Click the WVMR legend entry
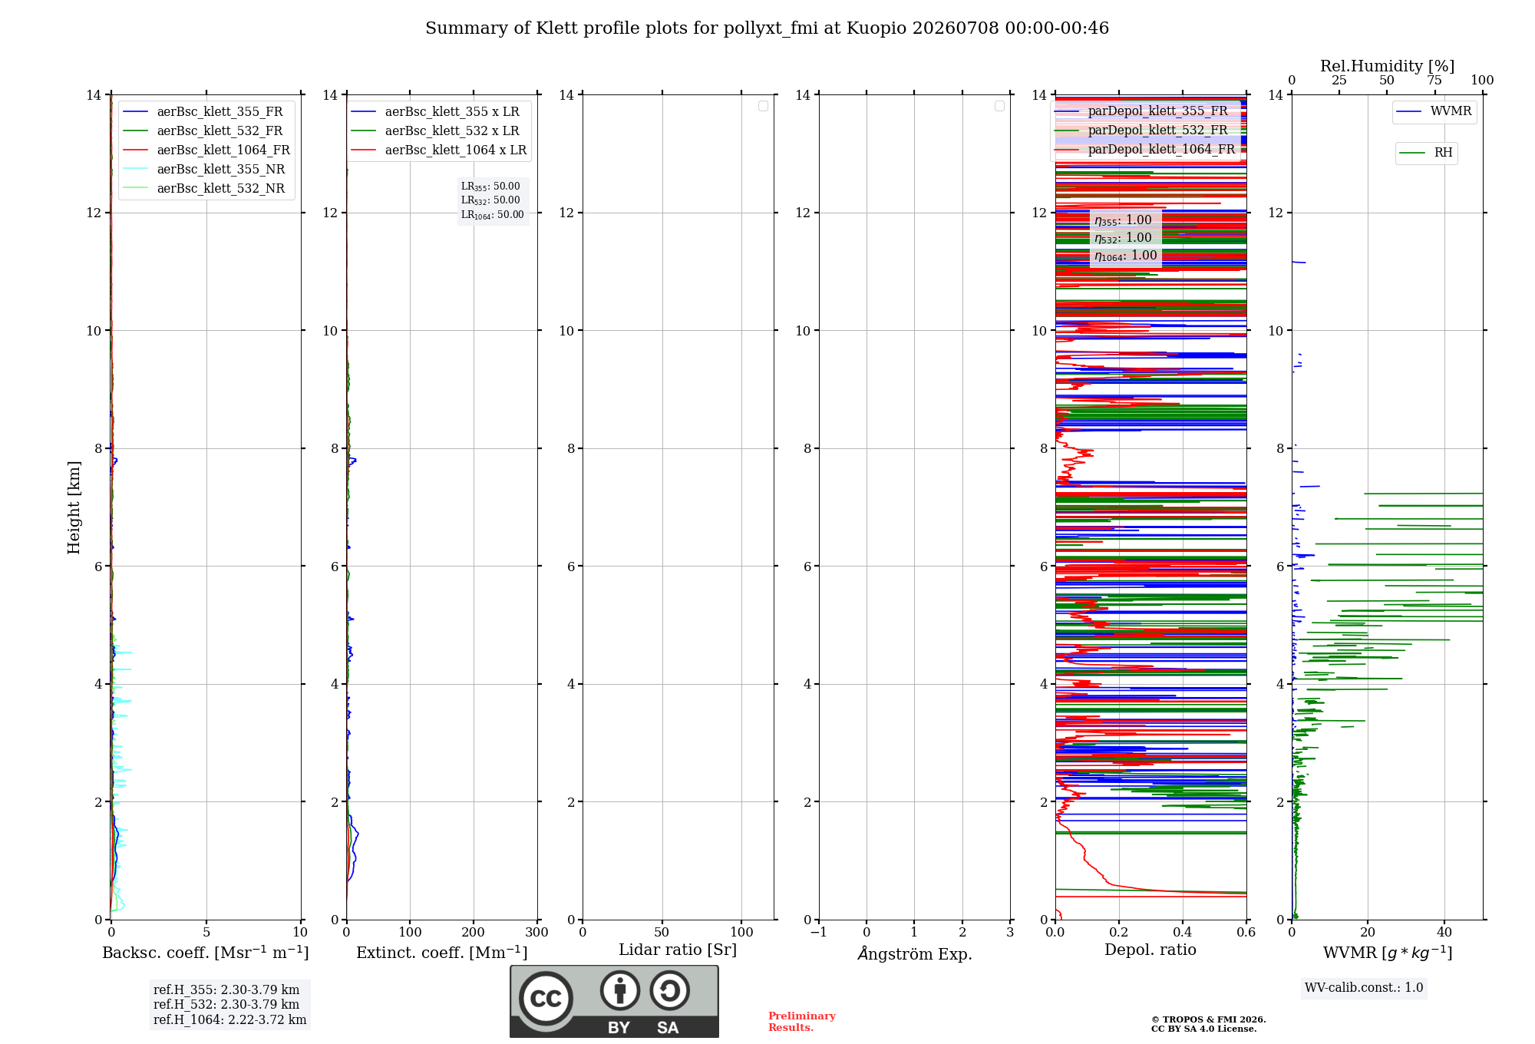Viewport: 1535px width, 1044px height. click(1434, 111)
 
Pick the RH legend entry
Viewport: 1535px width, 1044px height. click(1426, 153)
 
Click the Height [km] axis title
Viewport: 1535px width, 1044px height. click(74, 507)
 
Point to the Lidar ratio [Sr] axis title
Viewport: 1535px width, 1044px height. click(678, 950)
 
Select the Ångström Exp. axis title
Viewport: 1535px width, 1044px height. click(915, 953)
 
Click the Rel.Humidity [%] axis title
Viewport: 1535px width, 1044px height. click(1388, 66)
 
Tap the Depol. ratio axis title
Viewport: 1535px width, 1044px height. click(1150, 950)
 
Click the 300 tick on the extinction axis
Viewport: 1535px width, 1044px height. click(536, 932)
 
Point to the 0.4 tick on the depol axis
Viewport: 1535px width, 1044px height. click(1183, 932)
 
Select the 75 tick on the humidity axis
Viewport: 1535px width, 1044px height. click(1434, 80)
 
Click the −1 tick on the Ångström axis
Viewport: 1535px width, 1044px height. click(819, 932)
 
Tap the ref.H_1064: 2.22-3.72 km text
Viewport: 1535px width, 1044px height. click(229, 1019)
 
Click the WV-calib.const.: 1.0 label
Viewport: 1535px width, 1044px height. click(1364, 987)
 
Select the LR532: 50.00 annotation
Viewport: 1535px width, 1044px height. click(490, 200)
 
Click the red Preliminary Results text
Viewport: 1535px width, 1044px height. click(802, 1022)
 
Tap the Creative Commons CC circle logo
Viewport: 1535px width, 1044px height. click(546, 998)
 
